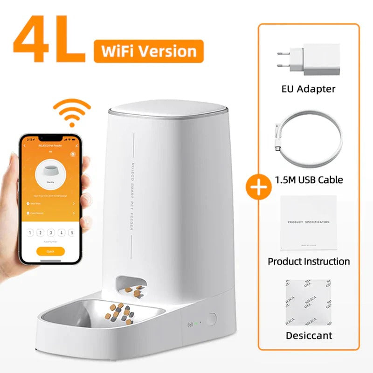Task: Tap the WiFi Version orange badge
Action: pyautogui.click(x=148, y=51)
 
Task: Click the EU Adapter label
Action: pyautogui.click(x=309, y=89)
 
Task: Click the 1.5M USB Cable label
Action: pyautogui.click(x=309, y=180)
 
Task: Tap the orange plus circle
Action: pyautogui.click(x=258, y=186)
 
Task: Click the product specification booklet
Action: pyautogui.click(x=308, y=223)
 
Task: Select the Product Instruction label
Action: pyautogui.click(x=309, y=261)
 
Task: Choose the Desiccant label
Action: pyautogui.click(x=309, y=336)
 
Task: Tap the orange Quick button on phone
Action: pyautogui.click(x=50, y=251)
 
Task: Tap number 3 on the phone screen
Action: pyautogui.click(x=50, y=233)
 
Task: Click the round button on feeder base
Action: pyautogui.click(x=212, y=319)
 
